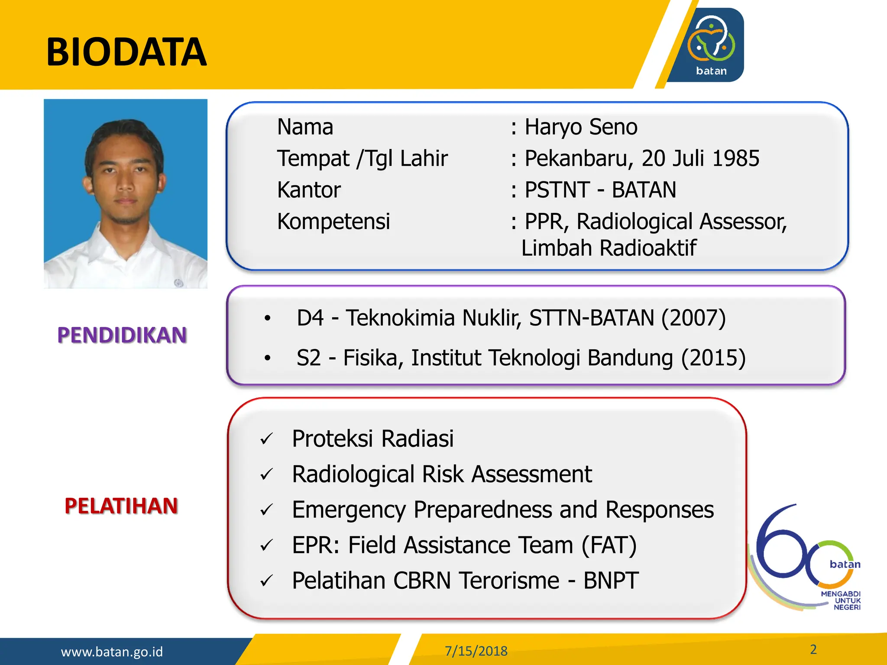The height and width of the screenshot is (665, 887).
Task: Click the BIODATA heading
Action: coord(126,52)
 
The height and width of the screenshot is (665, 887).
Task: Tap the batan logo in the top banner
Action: coord(710,45)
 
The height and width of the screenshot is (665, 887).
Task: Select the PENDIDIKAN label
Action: coord(122,336)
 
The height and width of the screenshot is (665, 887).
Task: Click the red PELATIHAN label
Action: coord(121,506)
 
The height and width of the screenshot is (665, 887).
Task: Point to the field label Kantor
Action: coord(309,190)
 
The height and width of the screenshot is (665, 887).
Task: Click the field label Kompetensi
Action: coord(333,222)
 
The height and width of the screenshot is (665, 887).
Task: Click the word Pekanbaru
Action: coord(575,158)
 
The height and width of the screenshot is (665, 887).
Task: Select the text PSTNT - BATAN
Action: coord(600,190)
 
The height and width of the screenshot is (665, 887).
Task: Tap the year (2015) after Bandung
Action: coord(713,358)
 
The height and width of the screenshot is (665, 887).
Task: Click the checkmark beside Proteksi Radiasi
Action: coord(266,439)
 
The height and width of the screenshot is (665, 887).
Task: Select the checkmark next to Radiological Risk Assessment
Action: coord(266,475)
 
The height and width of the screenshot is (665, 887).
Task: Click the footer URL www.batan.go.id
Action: coord(112,652)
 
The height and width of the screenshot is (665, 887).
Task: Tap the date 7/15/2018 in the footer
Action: coord(476,651)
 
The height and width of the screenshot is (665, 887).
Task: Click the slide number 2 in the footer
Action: coord(813,649)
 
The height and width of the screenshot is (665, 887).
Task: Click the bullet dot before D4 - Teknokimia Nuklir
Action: coord(268,319)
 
